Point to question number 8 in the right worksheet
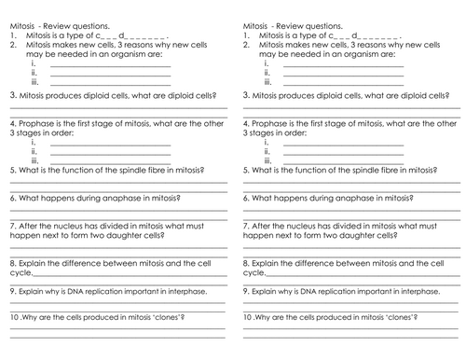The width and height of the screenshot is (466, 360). [x=244, y=264]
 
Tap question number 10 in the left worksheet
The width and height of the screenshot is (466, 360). [x=11, y=320]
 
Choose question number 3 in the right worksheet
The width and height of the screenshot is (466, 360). [x=244, y=95]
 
